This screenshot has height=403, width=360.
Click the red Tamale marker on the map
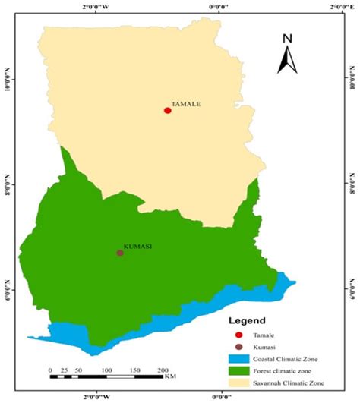click(167, 110)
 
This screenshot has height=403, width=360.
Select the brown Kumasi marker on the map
click(120, 253)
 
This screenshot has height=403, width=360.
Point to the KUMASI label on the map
click(137, 246)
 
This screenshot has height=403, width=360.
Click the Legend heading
click(248, 321)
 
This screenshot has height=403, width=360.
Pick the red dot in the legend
click(238, 335)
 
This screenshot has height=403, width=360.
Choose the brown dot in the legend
click(238, 347)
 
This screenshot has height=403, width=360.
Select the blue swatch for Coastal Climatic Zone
click(238, 359)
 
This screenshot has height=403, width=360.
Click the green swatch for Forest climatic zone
click(238, 371)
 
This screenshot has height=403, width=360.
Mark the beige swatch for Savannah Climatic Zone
click(238, 383)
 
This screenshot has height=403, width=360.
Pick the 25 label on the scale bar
click(65, 370)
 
